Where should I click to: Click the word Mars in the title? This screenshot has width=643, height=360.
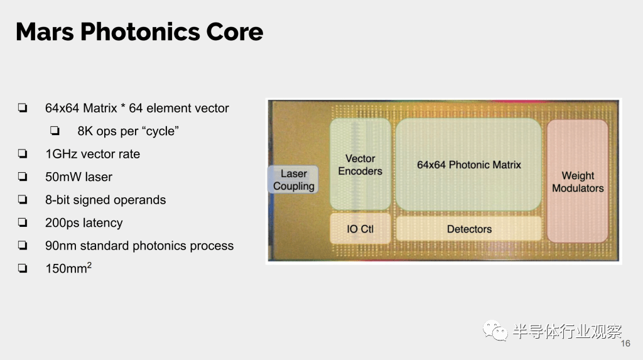[45, 32]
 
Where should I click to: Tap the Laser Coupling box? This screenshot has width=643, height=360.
[293, 180]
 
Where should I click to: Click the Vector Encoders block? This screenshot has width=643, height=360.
[360, 164]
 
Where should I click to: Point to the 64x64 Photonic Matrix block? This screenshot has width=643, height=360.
[468, 164]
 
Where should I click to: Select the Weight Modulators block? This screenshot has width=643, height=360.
[578, 181]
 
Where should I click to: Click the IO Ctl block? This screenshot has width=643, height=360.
[360, 229]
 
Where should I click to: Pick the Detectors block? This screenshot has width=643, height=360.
[468, 229]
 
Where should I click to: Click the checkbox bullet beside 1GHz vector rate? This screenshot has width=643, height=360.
[23, 154]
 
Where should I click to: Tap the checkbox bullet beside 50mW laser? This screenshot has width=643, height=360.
[23, 177]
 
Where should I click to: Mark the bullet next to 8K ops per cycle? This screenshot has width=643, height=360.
[55, 131]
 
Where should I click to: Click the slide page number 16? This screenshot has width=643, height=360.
[625, 344]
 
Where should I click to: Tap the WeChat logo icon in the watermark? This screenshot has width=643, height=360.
[495, 330]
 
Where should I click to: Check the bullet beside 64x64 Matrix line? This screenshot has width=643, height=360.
[23, 108]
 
